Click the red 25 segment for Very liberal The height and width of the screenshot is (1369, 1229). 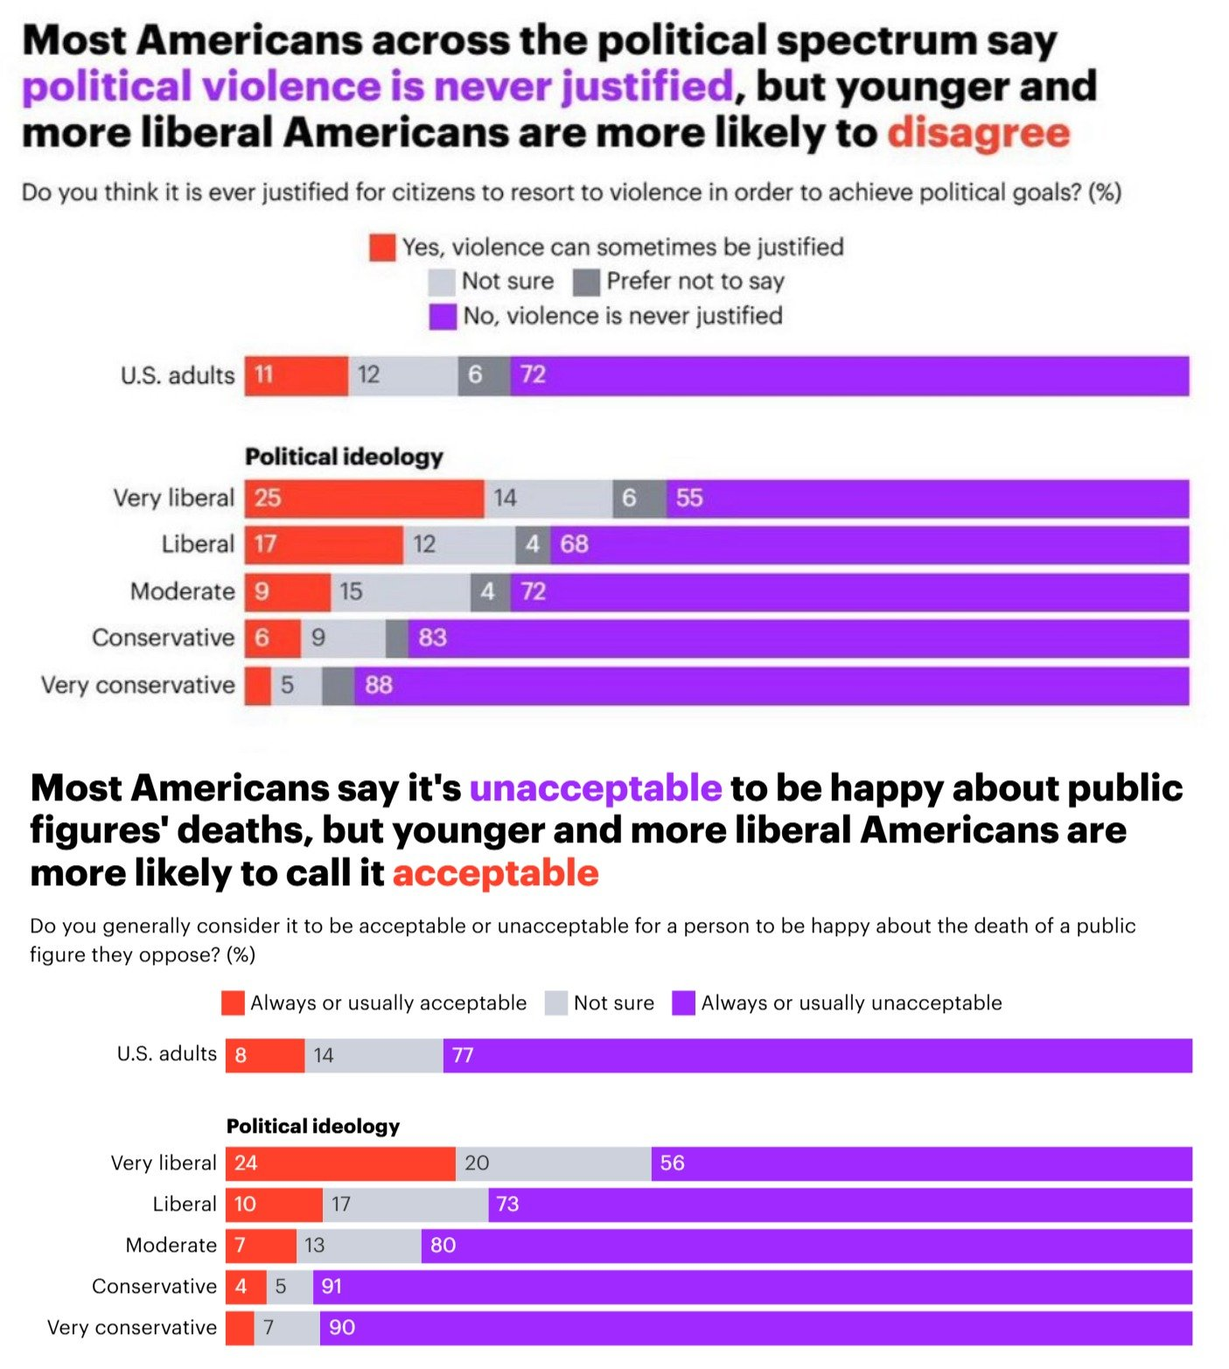pyautogui.click(x=364, y=499)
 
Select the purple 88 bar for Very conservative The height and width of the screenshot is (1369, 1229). pyautogui.click(x=771, y=686)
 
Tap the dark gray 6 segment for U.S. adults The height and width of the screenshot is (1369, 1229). pyautogui.click(x=484, y=376)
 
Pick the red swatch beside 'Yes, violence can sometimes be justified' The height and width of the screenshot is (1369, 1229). pyautogui.click(x=382, y=248)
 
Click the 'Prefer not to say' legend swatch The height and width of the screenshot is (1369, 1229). pyautogui.click(x=586, y=282)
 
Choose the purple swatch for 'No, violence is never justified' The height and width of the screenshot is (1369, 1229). pyautogui.click(x=443, y=317)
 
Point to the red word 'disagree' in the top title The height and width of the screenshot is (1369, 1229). pyautogui.click(x=978, y=133)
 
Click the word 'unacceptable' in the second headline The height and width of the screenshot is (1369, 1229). pyautogui.click(x=595, y=788)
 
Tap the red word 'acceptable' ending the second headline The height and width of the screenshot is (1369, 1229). pyautogui.click(x=495, y=873)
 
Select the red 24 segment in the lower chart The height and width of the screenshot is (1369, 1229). pyautogui.click(x=340, y=1163)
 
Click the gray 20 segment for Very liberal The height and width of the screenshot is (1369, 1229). pyautogui.click(x=553, y=1163)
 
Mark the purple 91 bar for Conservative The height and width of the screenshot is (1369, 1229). pyautogui.click(x=752, y=1287)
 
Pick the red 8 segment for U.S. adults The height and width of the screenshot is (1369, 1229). pyautogui.click(x=264, y=1056)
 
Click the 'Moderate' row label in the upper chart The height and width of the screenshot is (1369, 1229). pyautogui.click(x=182, y=592)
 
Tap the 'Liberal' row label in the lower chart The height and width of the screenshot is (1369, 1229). pyautogui.click(x=184, y=1205)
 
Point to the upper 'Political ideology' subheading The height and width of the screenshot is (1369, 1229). pyautogui.click(x=344, y=457)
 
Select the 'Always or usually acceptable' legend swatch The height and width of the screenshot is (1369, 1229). pyautogui.click(x=233, y=1003)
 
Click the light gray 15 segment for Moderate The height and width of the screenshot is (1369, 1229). pyautogui.click(x=400, y=592)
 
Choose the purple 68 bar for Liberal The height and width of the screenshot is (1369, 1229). pyautogui.click(x=869, y=545)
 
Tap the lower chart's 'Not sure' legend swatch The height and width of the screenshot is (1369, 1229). pyautogui.click(x=556, y=1003)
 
